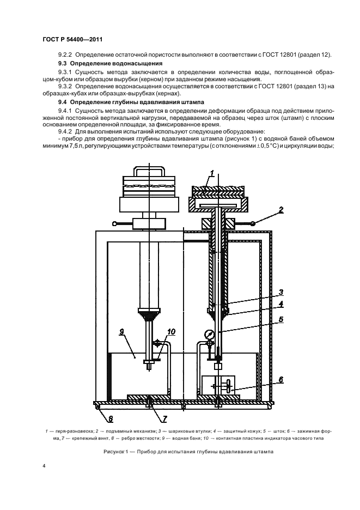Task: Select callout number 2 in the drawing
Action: coord(281,208)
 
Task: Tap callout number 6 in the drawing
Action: coord(281,379)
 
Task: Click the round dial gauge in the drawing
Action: coord(209,335)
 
